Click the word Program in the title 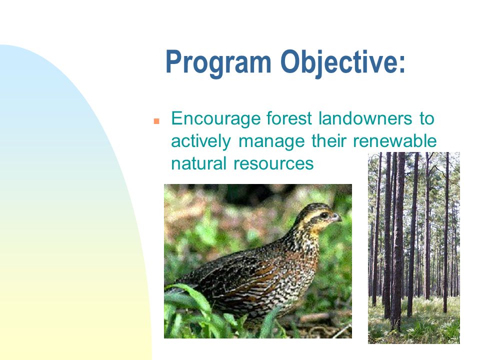tap(218, 63)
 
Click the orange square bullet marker tap(156, 121)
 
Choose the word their tap(329, 141)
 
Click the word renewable tap(394, 141)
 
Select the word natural tap(198, 163)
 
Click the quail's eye tap(325, 215)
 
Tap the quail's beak tap(336, 218)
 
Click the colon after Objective tap(402, 65)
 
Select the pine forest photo tap(414, 248)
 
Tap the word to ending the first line tap(427, 118)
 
